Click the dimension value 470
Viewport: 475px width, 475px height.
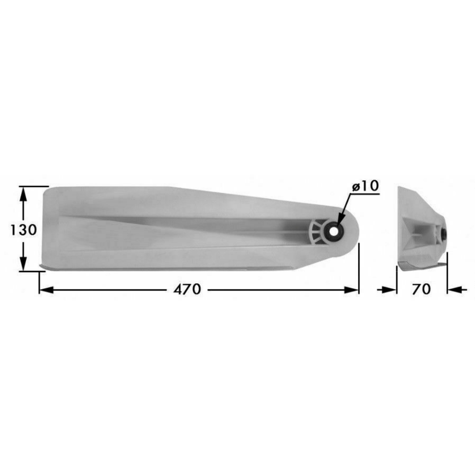tap(187, 289)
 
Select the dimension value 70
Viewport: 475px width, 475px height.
tap(421, 289)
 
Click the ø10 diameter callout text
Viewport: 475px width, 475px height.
tap(365, 186)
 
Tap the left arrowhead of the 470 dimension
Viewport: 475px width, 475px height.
tap(46, 289)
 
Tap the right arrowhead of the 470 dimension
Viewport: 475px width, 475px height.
tap(353, 289)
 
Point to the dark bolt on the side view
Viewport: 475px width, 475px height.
tap(443, 233)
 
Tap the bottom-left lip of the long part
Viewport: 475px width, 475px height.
tap(44, 265)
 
